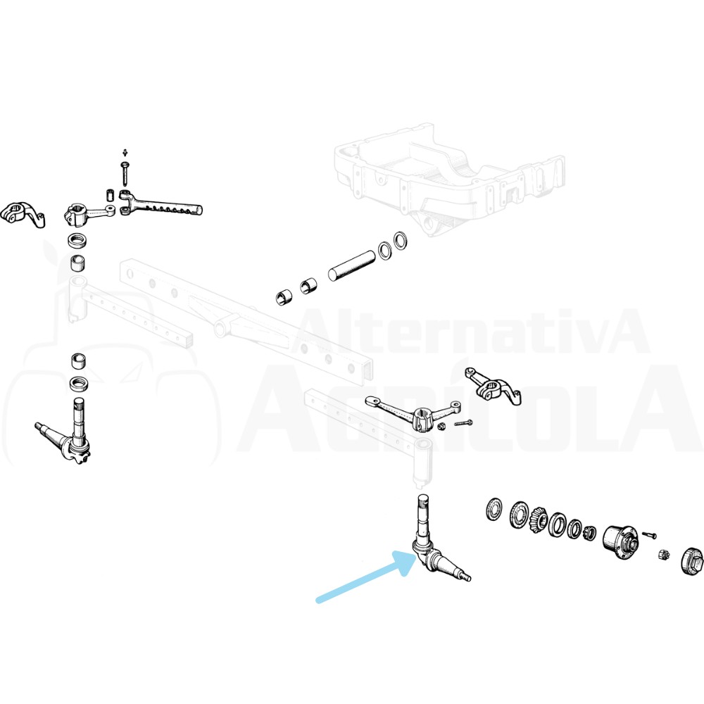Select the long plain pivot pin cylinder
pyautogui.click(x=351, y=265)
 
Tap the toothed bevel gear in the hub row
pyautogui.click(x=538, y=520)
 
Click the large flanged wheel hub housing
pyautogui.click(x=620, y=541)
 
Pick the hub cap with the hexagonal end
pyautogui.click(x=692, y=562)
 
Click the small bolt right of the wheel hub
pyautogui.click(x=649, y=534)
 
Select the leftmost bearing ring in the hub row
pyautogui.click(x=495, y=509)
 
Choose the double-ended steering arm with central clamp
pyautogui.click(x=413, y=411)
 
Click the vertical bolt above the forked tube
pyautogui.click(x=125, y=173)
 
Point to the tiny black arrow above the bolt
pyautogui.click(x=125, y=153)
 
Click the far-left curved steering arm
pyautogui.click(x=23, y=215)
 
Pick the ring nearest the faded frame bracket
pyautogui.click(x=401, y=240)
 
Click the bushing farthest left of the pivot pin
pyautogui.click(x=284, y=297)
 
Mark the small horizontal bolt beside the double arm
pyautogui.click(x=463, y=423)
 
